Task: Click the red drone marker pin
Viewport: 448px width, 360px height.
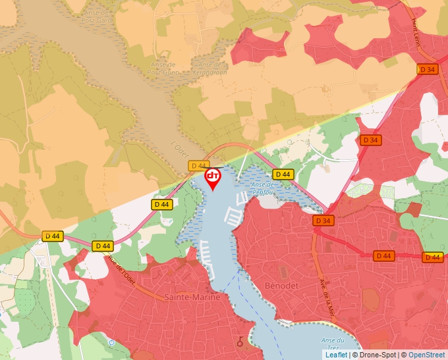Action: tap(213, 178)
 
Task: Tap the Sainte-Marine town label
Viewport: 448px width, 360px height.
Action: tap(192, 297)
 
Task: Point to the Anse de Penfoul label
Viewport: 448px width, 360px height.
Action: tap(264, 189)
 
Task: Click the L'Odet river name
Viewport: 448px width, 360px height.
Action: tap(179, 146)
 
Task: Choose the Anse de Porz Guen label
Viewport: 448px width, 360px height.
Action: tap(162, 68)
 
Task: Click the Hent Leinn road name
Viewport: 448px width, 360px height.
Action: tap(416, 31)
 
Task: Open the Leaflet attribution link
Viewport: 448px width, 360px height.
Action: tap(336, 355)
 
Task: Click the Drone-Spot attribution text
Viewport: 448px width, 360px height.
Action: tap(376, 355)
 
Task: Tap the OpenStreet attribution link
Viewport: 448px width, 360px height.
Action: tap(427, 355)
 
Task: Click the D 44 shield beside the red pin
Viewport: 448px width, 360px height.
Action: tap(198, 165)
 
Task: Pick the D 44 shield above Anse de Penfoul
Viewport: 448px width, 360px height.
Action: tap(283, 174)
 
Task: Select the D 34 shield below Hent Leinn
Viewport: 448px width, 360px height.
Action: tap(427, 69)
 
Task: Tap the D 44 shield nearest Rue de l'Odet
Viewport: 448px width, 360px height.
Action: tap(102, 245)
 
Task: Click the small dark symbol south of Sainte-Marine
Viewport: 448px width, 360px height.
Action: tap(240, 341)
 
